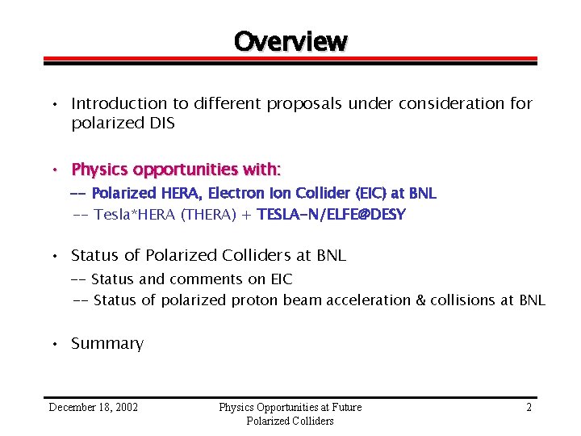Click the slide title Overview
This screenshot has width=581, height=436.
click(x=290, y=40)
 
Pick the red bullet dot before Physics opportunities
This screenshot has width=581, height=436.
click(x=53, y=170)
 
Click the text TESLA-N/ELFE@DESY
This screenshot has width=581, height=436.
click(x=331, y=214)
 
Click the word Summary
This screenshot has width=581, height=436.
click(x=107, y=344)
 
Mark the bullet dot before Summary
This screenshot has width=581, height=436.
click(x=53, y=345)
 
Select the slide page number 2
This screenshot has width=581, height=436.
click(x=529, y=407)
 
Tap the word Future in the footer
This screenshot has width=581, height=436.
click(x=343, y=407)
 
